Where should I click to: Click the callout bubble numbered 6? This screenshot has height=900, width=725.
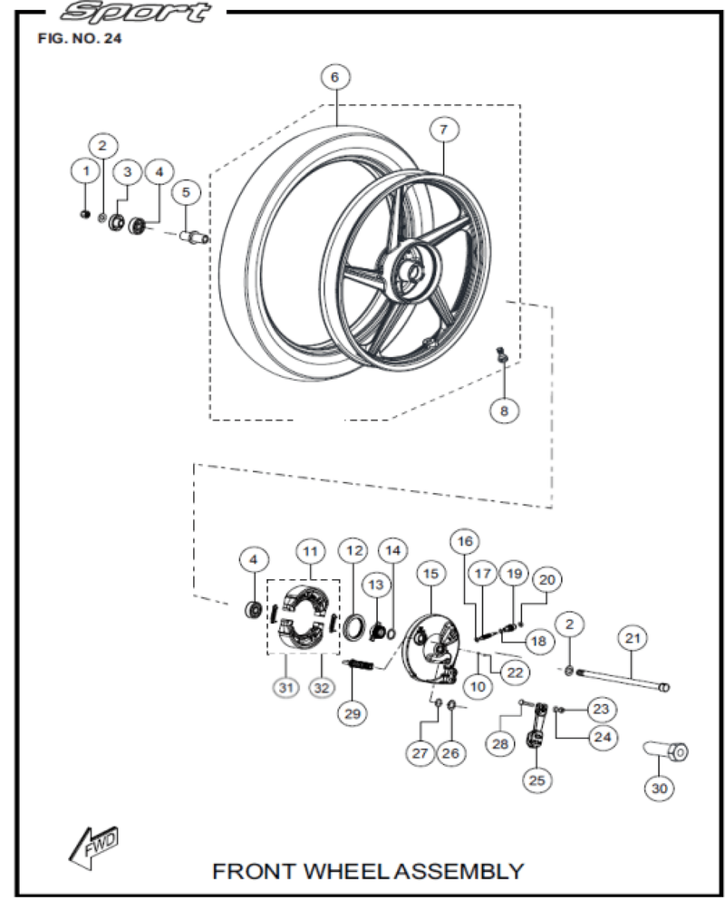(334, 78)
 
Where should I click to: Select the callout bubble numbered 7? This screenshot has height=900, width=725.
(443, 131)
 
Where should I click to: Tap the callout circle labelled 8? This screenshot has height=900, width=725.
(505, 411)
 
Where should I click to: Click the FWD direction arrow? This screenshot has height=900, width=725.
(95, 847)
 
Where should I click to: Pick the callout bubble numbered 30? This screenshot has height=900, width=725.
(659, 789)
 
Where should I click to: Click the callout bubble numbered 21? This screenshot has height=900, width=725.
(633, 638)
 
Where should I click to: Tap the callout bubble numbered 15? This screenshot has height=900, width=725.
(430, 574)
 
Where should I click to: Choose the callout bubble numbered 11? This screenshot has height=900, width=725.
(310, 551)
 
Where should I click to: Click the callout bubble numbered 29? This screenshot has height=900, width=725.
(352, 712)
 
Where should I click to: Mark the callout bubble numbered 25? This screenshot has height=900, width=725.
(538, 779)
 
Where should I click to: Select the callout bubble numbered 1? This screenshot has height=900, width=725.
(85, 169)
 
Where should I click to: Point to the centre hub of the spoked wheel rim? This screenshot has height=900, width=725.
(412, 269)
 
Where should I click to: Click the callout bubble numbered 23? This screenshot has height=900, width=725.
(603, 708)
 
